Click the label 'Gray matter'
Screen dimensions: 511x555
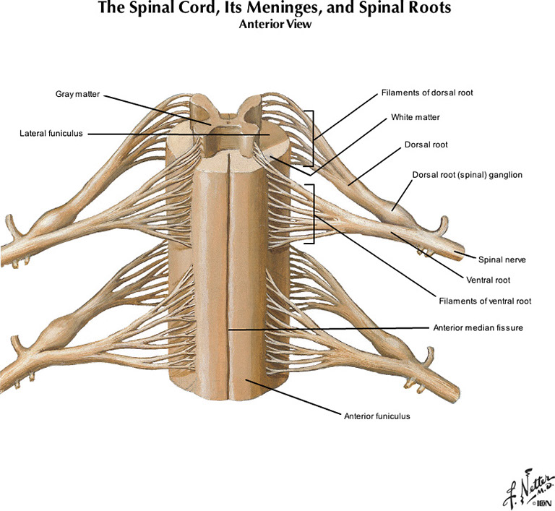pyautogui.click(x=77, y=94)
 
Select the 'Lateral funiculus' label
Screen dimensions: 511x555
pyautogui.click(x=51, y=133)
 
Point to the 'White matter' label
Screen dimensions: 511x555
pyautogui.click(x=415, y=116)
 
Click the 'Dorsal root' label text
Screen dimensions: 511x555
pyautogui.click(x=426, y=145)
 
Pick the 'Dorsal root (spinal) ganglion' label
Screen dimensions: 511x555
pyautogui.click(x=467, y=175)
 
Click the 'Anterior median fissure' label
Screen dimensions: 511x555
pyautogui.click(x=477, y=327)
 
